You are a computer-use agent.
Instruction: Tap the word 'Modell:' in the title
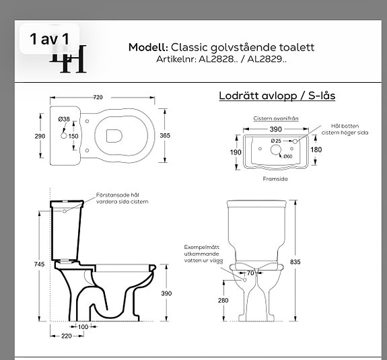tap(148, 47)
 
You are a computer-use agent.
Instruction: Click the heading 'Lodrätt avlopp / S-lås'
tap(277, 95)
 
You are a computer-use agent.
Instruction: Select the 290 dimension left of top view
tap(39, 136)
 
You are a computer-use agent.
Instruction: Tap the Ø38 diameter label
tap(65, 120)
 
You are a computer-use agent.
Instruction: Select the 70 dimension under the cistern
tap(250, 273)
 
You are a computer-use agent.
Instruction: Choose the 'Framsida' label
tap(275, 180)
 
